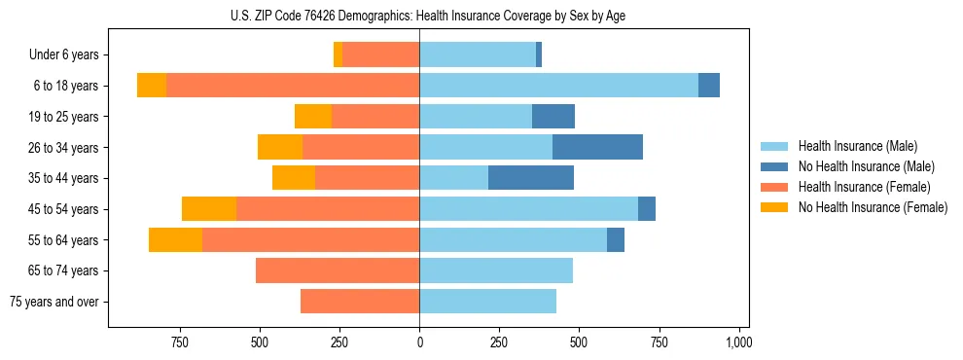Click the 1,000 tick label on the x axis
[738, 342]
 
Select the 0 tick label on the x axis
[419, 342]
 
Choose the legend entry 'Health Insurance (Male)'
[857, 146]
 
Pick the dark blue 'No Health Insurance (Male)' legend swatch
[774, 166]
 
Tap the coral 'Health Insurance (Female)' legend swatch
[774, 187]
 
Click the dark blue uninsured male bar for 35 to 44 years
[530, 178]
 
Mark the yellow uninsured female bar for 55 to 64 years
[175, 239]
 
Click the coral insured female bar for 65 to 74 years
[338, 270]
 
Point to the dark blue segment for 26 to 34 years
[597, 147]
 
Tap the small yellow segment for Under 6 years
[338, 54]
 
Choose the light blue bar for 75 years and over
[487, 302]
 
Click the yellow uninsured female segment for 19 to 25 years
[313, 117]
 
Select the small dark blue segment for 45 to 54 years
[647, 209]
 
